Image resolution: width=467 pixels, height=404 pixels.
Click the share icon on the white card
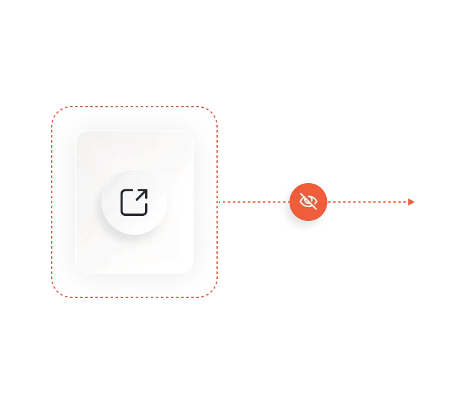click(134, 202)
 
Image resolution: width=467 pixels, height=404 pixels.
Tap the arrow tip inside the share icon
click(145, 191)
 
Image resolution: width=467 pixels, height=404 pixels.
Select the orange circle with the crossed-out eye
click(309, 202)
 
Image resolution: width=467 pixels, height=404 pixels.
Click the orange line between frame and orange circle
click(249, 202)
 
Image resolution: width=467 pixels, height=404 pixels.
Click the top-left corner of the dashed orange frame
click(56, 111)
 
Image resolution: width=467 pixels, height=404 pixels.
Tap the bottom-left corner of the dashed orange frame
click(56, 292)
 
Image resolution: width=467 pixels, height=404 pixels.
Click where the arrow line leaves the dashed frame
click(218, 202)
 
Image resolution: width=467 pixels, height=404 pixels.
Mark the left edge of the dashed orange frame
click(51, 202)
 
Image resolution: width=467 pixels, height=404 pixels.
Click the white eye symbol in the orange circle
click(309, 202)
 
